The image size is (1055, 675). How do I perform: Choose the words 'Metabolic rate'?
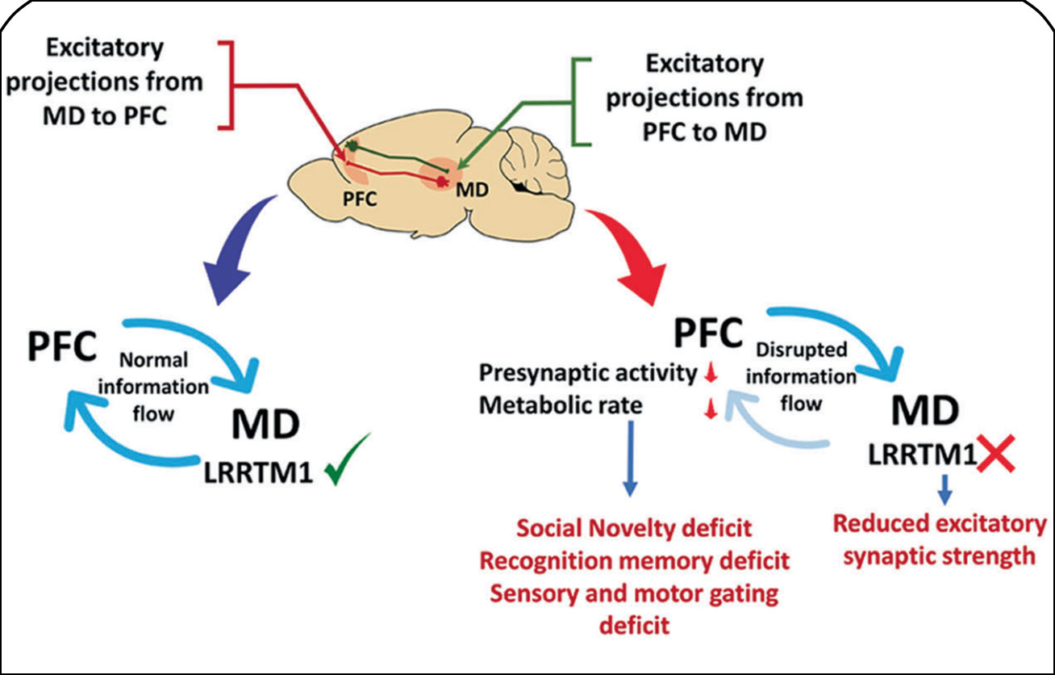tap(561, 405)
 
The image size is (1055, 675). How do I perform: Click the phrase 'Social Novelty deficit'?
tap(635, 529)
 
